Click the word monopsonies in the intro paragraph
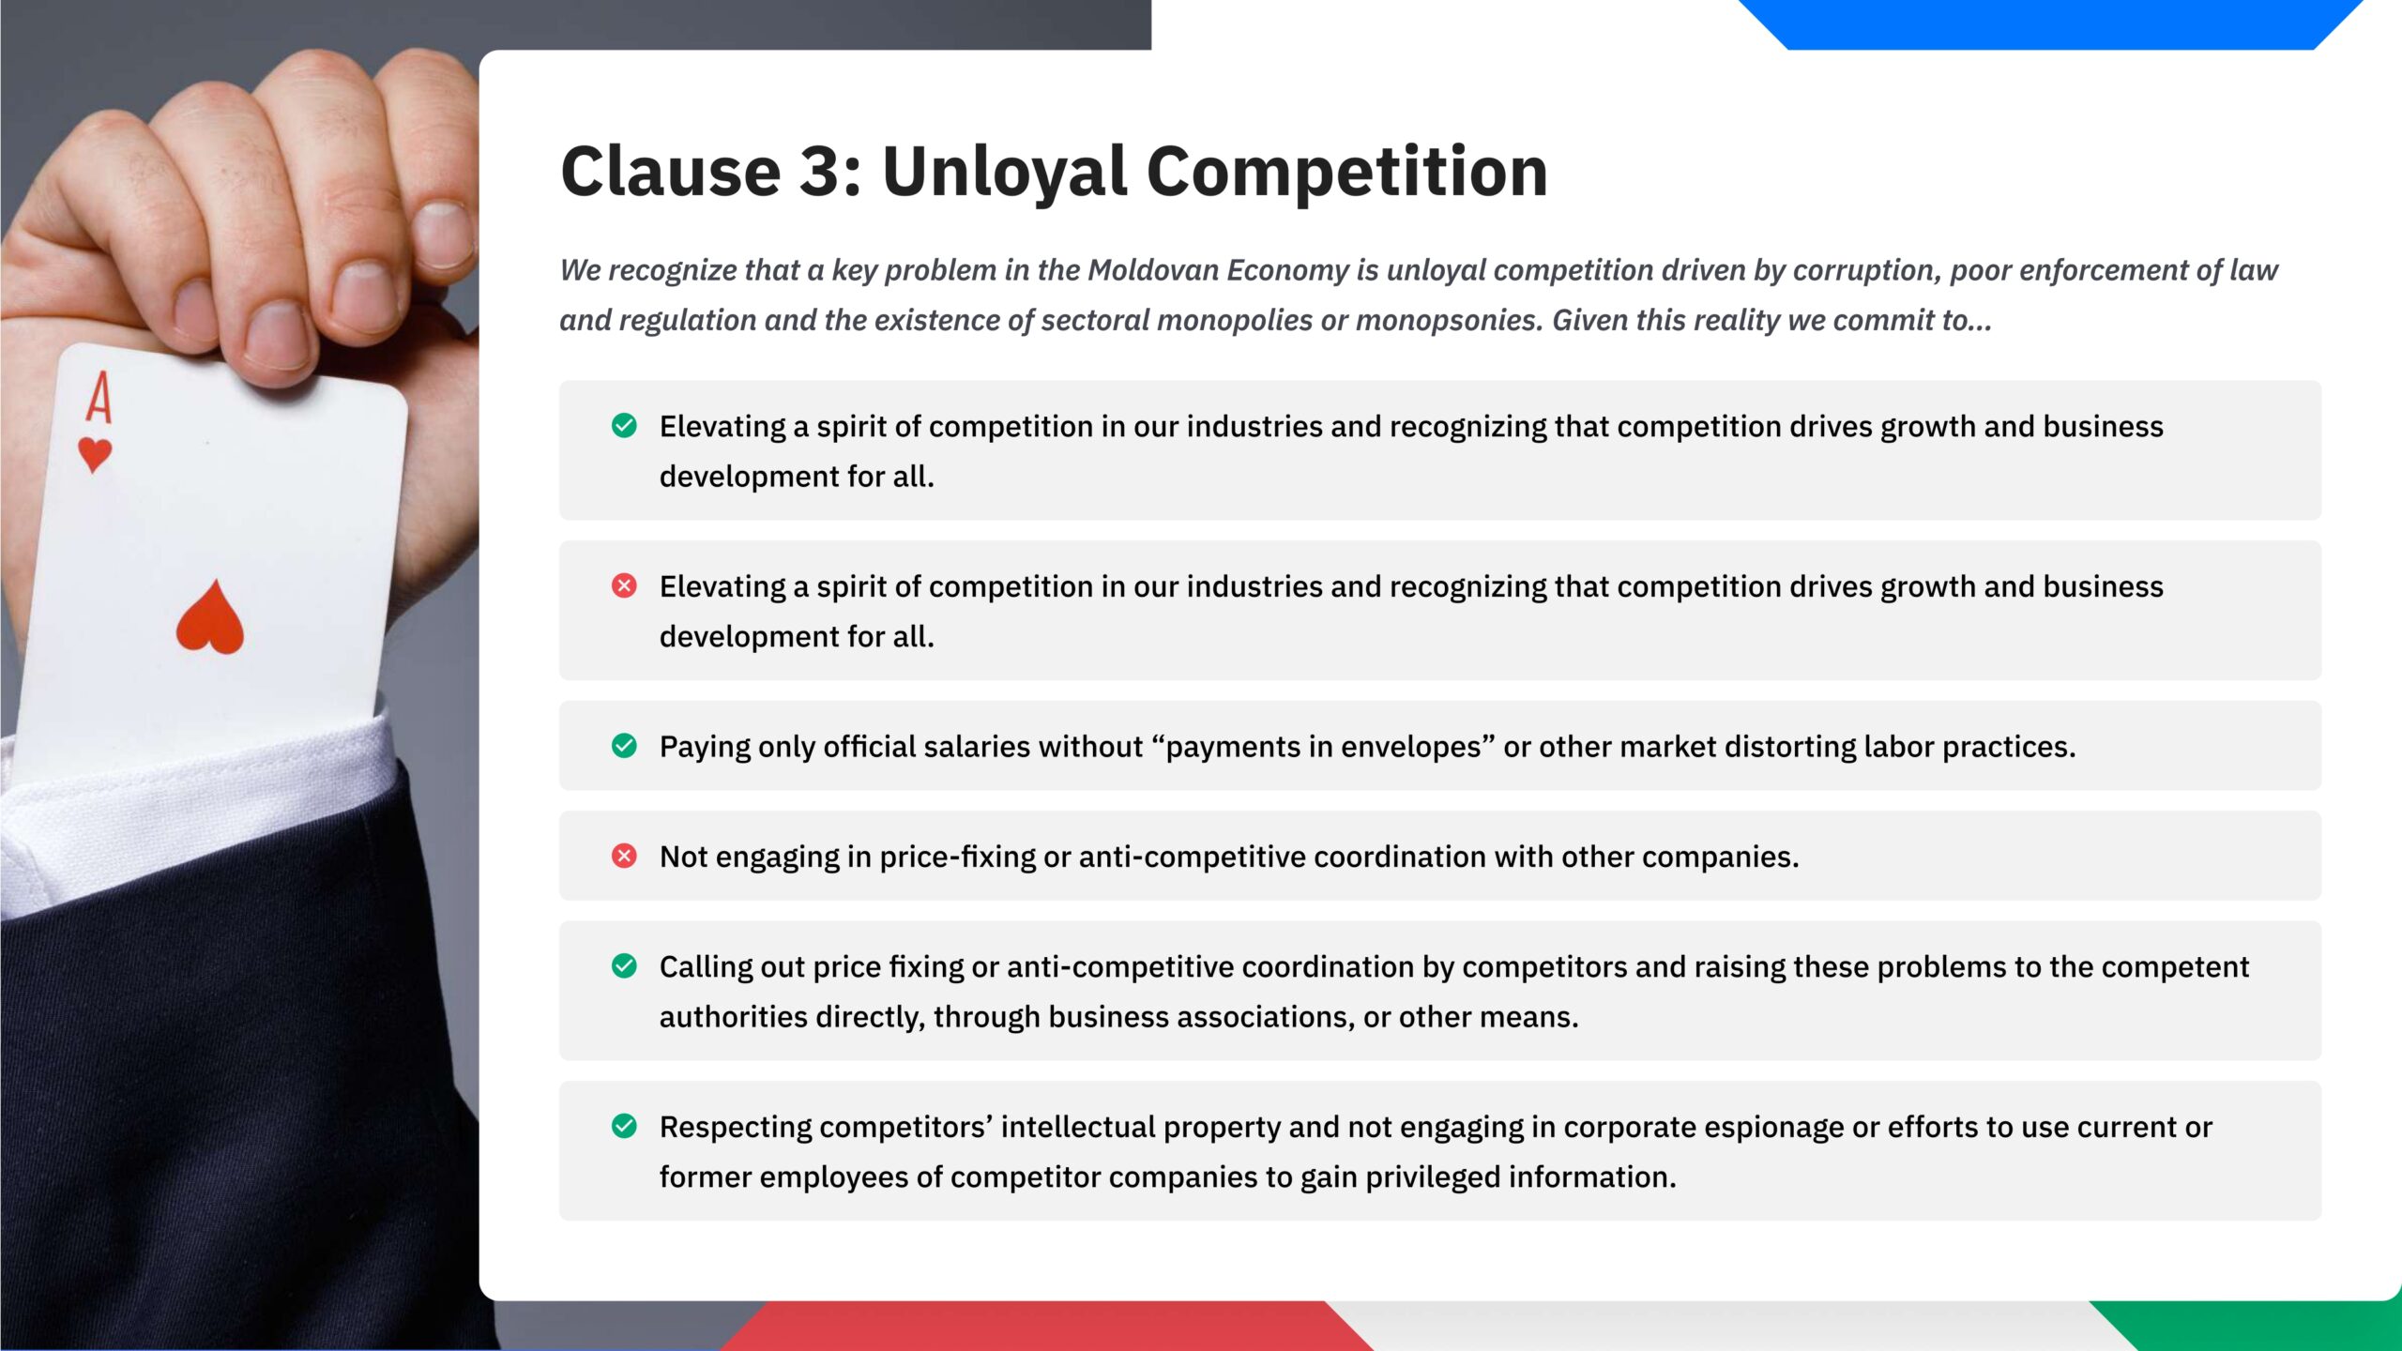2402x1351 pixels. (x=1446, y=321)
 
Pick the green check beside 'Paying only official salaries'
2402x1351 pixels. (x=624, y=746)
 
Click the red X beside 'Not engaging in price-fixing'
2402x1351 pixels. (x=624, y=856)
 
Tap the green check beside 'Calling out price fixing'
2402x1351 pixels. (x=624, y=965)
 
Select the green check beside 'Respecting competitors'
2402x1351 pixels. (x=624, y=1126)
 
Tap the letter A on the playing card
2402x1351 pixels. (x=99, y=398)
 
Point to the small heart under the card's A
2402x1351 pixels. (x=95, y=455)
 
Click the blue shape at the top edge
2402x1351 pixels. (x=2050, y=23)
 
